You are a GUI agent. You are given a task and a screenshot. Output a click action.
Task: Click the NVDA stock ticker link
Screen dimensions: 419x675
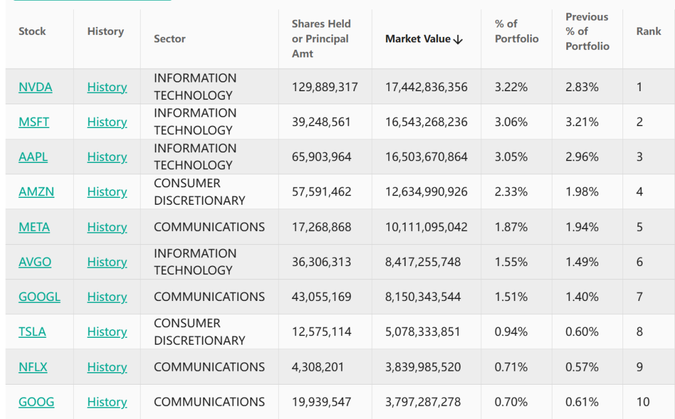click(36, 87)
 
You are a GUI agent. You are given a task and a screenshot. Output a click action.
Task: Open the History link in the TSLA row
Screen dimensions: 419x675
click(107, 332)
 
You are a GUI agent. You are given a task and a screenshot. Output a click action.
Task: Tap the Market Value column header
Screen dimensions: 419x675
click(417, 39)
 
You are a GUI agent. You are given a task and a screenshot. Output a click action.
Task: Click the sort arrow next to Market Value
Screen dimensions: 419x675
click(458, 39)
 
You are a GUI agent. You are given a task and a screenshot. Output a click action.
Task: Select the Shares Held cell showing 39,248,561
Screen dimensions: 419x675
click(321, 122)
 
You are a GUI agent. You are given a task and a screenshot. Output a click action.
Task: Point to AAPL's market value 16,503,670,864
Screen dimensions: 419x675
click(426, 157)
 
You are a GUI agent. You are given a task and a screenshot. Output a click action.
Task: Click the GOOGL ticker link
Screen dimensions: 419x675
click(39, 297)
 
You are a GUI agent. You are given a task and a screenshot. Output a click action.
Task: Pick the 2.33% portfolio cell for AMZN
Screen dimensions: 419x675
click(511, 192)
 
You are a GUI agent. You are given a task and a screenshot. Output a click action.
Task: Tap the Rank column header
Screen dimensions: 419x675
click(648, 31)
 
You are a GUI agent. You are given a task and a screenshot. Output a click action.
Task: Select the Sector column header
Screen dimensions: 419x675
click(169, 39)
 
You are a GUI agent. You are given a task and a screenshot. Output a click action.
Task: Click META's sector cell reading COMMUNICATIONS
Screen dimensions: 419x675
click(209, 227)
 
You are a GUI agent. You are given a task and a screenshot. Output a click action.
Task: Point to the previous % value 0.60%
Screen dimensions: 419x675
click(582, 332)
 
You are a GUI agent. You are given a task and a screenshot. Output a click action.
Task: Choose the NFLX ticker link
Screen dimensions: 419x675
click(33, 367)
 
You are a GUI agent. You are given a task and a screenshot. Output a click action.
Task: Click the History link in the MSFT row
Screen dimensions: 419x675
click(107, 122)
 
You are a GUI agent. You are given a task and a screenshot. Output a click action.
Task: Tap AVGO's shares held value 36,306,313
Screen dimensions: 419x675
click(321, 262)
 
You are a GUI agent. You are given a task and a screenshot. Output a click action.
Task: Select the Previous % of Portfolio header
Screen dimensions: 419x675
click(587, 31)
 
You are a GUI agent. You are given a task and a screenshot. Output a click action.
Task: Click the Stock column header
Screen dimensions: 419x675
click(32, 31)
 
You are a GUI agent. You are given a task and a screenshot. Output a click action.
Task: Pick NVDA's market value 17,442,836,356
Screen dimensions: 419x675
click(426, 87)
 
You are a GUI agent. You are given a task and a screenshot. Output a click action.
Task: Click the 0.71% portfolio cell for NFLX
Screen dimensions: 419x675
click(511, 367)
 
